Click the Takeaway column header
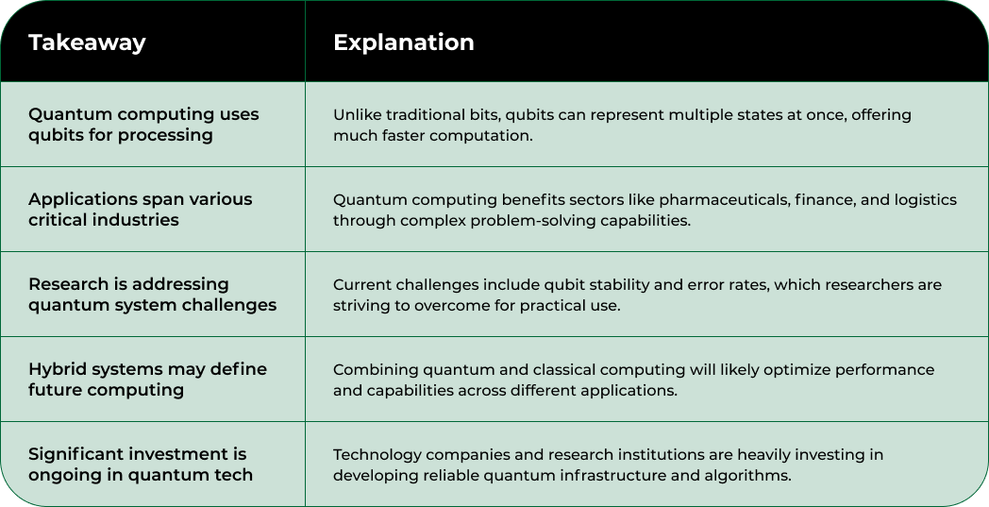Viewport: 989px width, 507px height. [87, 42]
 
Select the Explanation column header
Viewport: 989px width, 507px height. [404, 42]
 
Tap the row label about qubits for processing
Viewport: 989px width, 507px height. [143, 125]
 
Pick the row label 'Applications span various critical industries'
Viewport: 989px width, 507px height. [140, 209]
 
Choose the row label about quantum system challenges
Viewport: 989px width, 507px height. [153, 295]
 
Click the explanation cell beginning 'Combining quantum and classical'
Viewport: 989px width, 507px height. [634, 380]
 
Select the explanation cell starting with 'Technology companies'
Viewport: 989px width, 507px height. [608, 465]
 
